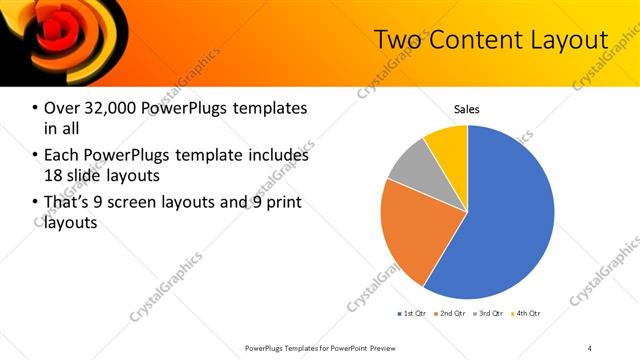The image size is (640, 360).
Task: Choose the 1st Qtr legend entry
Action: pyautogui.click(x=412, y=313)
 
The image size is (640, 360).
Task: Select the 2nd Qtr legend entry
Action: pyautogui.click(x=451, y=313)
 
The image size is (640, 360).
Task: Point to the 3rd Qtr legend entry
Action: pyautogui.click(x=489, y=313)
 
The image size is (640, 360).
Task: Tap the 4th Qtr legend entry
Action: pyautogui.click(x=527, y=313)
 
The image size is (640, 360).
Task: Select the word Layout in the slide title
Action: pyautogui.click(x=569, y=40)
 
